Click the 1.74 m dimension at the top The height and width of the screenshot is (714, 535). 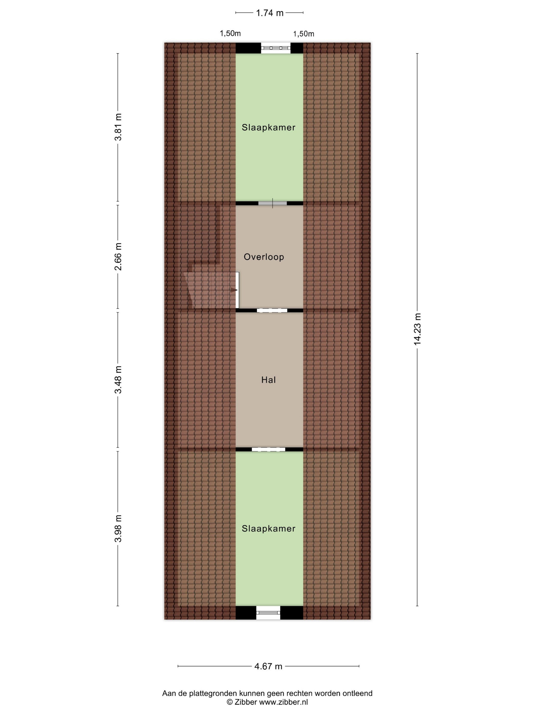(x=269, y=13)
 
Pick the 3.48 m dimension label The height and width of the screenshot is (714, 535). (x=118, y=380)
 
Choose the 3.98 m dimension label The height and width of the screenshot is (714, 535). (x=118, y=528)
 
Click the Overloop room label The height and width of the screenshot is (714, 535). (x=264, y=257)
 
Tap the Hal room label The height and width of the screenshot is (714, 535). (x=268, y=380)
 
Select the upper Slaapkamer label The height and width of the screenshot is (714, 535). (x=269, y=127)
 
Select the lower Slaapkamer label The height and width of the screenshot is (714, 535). (x=269, y=529)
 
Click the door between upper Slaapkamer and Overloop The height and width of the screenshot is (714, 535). (x=273, y=203)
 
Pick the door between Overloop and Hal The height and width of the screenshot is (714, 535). (x=272, y=311)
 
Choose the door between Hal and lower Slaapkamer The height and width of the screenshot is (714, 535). (x=268, y=449)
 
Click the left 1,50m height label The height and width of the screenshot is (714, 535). (x=230, y=33)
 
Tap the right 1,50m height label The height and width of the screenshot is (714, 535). (x=303, y=34)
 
